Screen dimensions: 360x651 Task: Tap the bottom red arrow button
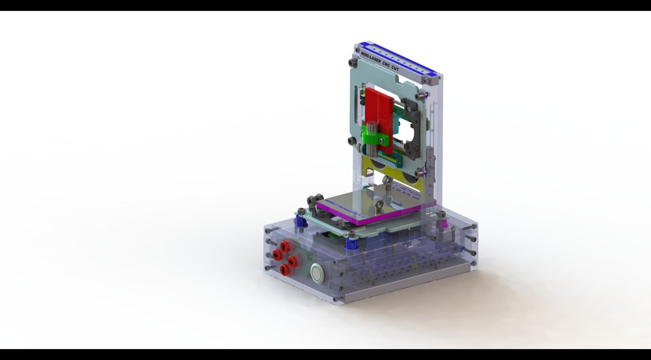[x=284, y=270]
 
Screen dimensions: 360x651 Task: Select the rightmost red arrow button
[x=292, y=261]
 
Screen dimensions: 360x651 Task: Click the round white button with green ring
[x=316, y=273]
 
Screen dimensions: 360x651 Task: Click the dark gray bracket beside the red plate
[x=412, y=125]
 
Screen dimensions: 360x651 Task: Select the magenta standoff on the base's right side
[x=442, y=222]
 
